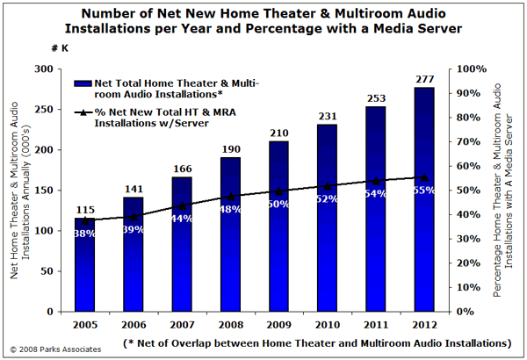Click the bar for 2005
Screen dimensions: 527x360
click(84, 264)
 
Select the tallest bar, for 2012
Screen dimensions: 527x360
click(424, 199)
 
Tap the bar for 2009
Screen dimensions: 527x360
click(278, 227)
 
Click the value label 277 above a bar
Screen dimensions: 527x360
click(425, 79)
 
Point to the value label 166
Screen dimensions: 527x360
click(183, 169)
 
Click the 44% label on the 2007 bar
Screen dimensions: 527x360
click(183, 219)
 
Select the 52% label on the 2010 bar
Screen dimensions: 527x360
click(328, 199)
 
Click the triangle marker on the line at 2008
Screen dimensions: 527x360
click(231, 197)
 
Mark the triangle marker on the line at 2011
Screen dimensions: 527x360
click(376, 181)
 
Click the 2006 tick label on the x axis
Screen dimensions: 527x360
click(134, 325)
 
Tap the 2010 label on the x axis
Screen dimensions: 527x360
click(328, 325)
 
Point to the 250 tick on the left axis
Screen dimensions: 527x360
click(44, 110)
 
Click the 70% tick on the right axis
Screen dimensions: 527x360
click(468, 142)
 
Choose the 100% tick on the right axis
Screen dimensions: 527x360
click(472, 69)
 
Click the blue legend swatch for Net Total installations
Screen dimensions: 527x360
click(83, 83)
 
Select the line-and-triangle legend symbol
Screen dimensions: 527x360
click(83, 112)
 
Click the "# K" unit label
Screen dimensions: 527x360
click(60, 48)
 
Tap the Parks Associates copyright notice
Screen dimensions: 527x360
click(56, 349)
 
